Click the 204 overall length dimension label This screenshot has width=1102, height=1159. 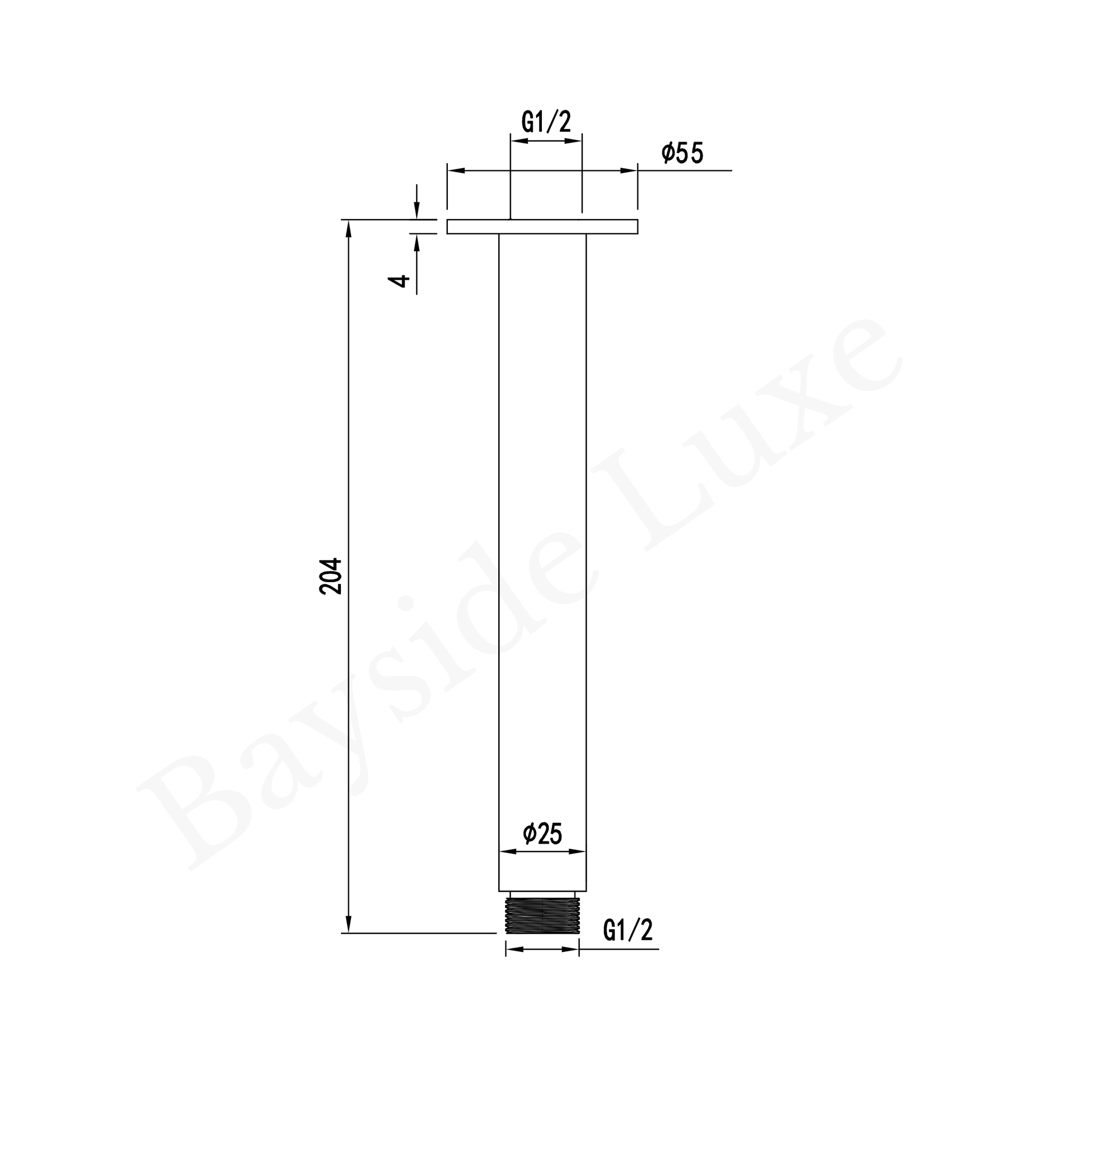coord(331,576)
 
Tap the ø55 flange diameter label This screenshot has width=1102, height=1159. coord(682,153)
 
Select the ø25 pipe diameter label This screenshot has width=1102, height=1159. coord(542,833)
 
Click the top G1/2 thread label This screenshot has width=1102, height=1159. coord(546,122)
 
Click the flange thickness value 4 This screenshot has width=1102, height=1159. coord(399,281)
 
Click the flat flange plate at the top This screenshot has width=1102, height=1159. coord(542,226)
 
